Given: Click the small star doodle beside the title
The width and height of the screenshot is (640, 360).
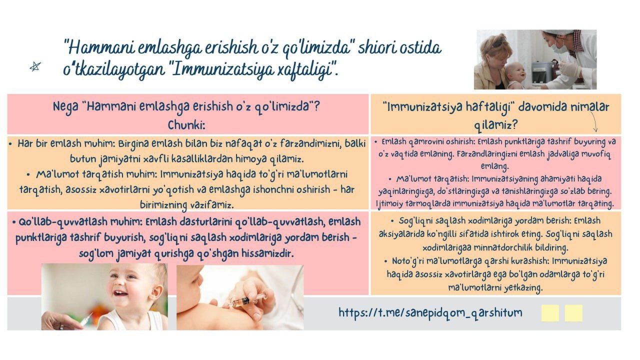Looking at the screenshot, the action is click(x=35, y=66).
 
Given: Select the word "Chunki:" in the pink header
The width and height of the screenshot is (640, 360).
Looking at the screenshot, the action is click(x=186, y=125).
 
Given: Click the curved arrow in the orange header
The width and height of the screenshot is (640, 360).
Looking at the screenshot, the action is click(x=593, y=121).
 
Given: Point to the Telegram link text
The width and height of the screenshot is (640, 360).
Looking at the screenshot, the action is click(x=430, y=312).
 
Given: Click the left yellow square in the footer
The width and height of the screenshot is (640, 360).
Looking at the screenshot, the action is click(x=550, y=313).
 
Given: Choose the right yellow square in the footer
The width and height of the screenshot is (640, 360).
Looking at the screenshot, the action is click(x=573, y=313).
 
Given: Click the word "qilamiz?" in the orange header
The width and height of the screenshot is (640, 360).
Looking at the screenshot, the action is click(x=496, y=125).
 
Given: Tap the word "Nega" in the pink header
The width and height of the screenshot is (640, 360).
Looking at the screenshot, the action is click(x=65, y=107).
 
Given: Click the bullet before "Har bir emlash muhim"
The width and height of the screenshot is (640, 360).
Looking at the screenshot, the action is click(x=10, y=143).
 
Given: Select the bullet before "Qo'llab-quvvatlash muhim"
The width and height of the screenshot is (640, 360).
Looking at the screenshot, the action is click(x=13, y=222).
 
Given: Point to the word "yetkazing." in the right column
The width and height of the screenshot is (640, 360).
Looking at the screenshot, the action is click(x=523, y=287).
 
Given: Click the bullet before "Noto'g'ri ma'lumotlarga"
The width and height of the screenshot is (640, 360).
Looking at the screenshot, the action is click(x=386, y=261).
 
